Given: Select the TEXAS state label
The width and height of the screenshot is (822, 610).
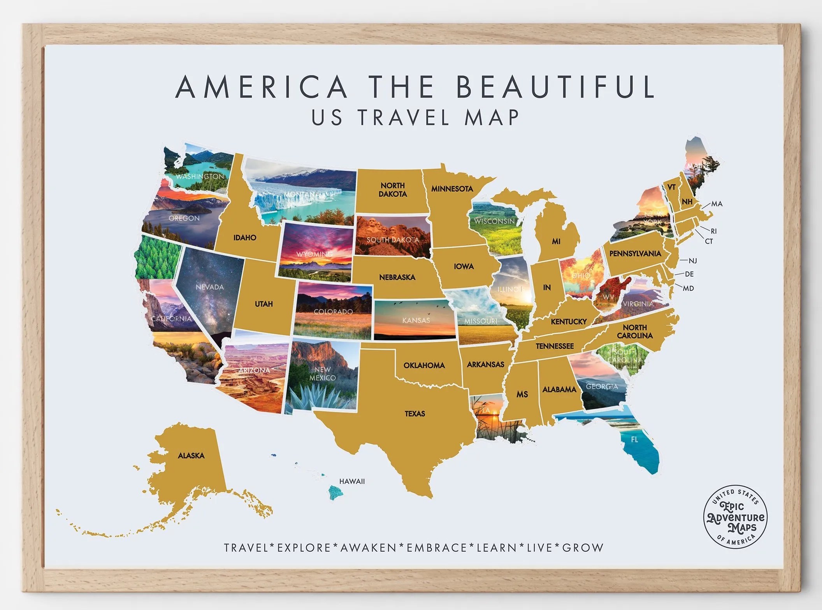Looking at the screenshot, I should (415, 414).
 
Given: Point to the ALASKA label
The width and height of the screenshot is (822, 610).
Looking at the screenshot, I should (191, 455).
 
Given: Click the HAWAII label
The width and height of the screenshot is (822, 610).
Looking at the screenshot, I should (352, 481).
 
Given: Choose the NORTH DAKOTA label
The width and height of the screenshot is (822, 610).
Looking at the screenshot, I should (392, 189).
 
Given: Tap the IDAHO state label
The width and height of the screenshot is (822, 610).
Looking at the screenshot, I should (245, 237).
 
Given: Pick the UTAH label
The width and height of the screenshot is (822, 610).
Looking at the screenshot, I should (263, 304).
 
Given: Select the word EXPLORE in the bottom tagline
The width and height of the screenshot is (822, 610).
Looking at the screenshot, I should (304, 548).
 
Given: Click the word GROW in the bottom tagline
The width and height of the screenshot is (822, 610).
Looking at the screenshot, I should (583, 548).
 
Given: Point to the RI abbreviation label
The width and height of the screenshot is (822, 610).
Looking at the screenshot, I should (713, 231).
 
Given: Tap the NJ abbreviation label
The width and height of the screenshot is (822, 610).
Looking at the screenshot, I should (692, 261).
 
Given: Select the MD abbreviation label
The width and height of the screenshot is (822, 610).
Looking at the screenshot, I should (688, 288).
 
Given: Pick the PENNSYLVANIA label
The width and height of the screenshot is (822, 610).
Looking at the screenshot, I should (635, 254).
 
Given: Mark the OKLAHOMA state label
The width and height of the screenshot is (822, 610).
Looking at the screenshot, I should (424, 365).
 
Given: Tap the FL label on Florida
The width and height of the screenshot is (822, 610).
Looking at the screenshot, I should (634, 440).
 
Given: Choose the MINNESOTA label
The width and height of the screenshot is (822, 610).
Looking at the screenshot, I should (452, 189).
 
